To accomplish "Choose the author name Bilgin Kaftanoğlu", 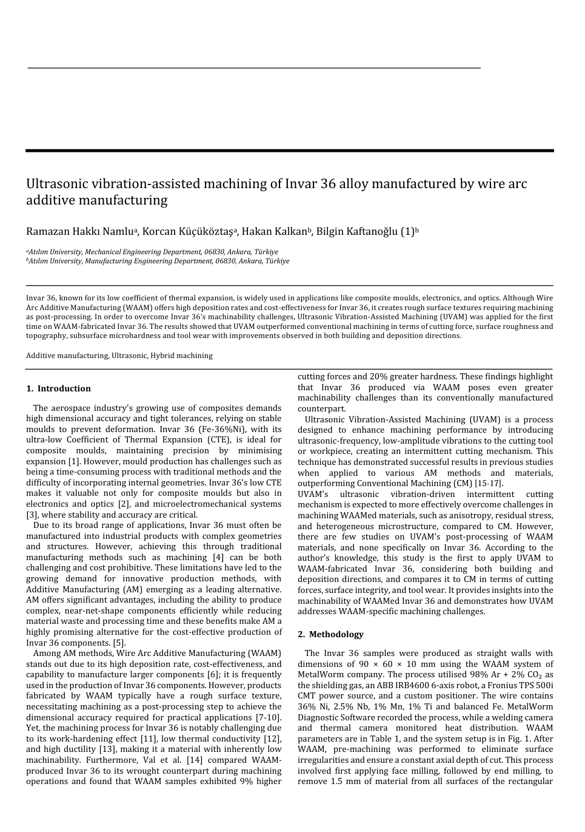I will [357, 232].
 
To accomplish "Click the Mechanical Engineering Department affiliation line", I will [152, 252].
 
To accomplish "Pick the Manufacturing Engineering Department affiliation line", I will [158, 261].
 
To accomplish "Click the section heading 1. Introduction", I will [59, 388].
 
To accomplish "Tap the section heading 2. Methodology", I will [330, 634].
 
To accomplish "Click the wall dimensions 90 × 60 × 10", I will [379, 664].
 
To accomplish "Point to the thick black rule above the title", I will [289, 151].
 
